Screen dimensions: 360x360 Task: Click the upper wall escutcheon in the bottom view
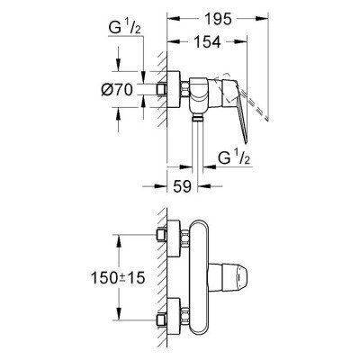tap(167, 239)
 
